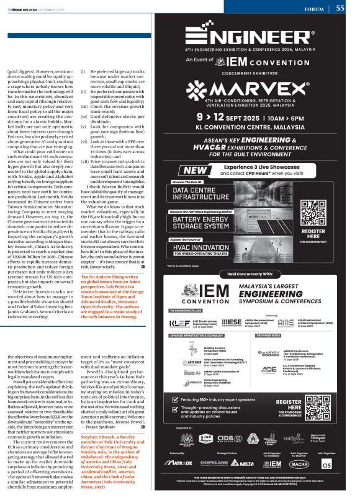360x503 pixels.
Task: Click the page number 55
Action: tap(340, 8)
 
